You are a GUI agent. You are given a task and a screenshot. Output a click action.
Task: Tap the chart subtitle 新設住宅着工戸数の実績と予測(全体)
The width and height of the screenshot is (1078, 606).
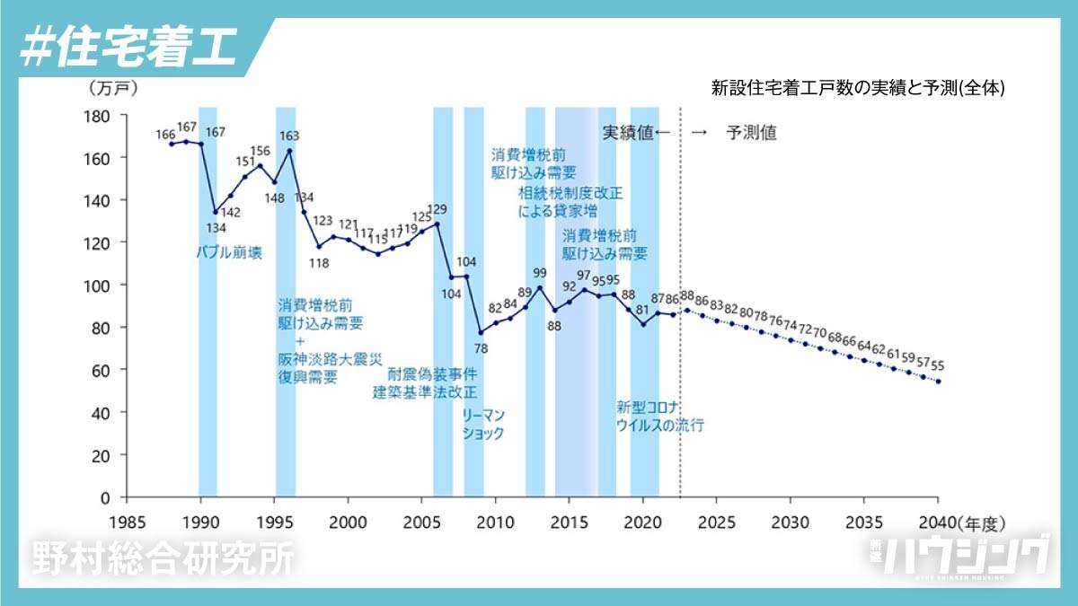click(x=857, y=88)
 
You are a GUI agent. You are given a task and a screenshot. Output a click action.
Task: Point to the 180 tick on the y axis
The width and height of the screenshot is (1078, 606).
click(x=96, y=116)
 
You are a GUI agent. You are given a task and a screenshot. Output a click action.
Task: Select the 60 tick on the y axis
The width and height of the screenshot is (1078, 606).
click(x=101, y=370)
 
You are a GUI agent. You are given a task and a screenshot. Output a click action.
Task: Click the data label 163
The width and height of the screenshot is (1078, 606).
click(x=289, y=136)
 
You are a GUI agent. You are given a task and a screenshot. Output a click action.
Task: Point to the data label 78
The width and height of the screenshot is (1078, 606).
click(x=481, y=348)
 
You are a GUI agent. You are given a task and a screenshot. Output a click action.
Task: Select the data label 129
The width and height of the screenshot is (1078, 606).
click(x=437, y=210)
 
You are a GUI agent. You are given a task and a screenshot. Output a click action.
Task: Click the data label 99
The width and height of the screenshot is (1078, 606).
click(x=540, y=274)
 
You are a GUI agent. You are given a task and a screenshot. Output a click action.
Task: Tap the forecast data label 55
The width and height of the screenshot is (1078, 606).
click(x=937, y=365)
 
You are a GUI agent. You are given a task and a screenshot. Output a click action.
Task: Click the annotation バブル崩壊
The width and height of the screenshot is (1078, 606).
click(x=229, y=253)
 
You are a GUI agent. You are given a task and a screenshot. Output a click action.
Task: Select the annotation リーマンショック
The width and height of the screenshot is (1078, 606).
click(x=483, y=424)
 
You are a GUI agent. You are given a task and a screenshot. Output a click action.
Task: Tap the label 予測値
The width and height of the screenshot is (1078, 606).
click(x=751, y=133)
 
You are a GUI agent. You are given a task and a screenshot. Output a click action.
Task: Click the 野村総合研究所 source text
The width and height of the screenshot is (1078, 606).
click(x=163, y=559)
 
